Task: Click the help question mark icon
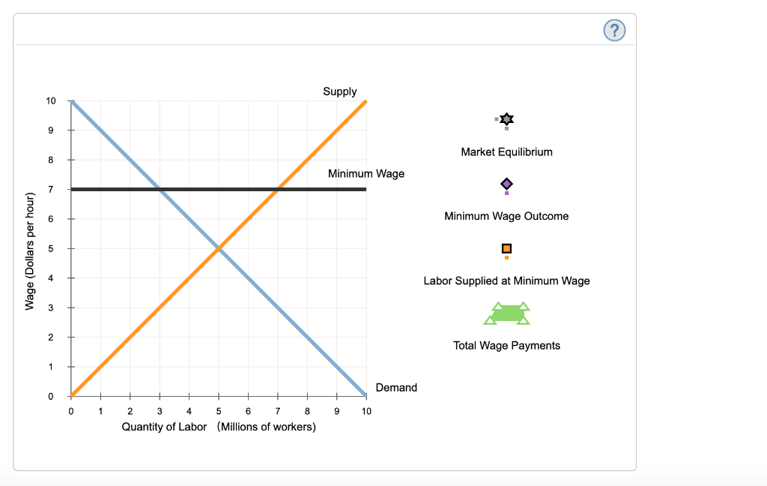(614, 31)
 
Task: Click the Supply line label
(340, 91)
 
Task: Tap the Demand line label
(396, 387)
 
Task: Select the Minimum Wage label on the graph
(366, 173)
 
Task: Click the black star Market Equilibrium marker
(507, 119)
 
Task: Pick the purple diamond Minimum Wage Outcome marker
(507, 184)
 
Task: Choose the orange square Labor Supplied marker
(507, 248)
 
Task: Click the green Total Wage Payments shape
(507, 314)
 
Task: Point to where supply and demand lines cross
(218, 248)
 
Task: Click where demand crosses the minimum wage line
(160, 189)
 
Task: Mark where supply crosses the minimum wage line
(277, 189)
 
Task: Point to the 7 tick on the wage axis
(50, 189)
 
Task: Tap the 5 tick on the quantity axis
(218, 410)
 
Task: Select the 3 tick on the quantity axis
(160, 410)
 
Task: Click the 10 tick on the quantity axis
(366, 410)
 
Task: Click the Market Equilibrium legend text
(507, 151)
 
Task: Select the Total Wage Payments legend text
(507, 345)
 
